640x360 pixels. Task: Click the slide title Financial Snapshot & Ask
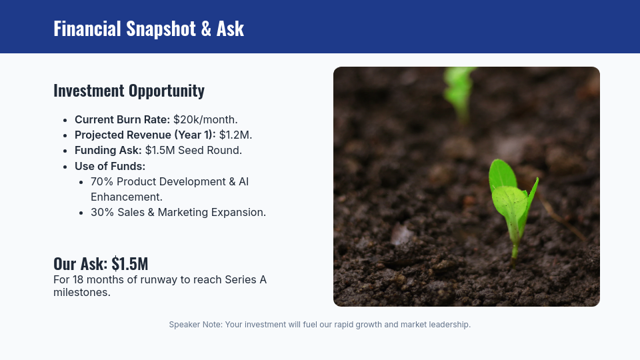[149, 29]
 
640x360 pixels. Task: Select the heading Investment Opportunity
[129, 91]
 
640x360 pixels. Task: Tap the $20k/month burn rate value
[205, 120]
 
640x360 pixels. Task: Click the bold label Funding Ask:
[108, 151]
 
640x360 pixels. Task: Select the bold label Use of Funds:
[110, 166]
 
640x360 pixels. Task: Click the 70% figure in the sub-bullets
[101, 181]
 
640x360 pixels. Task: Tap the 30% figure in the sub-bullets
[102, 213]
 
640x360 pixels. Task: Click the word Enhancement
[127, 197]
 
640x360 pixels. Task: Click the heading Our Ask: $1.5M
[101, 263]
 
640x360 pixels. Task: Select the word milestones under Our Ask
[81, 292]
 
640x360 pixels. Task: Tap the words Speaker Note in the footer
[195, 325]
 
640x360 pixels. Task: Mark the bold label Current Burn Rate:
[122, 120]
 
